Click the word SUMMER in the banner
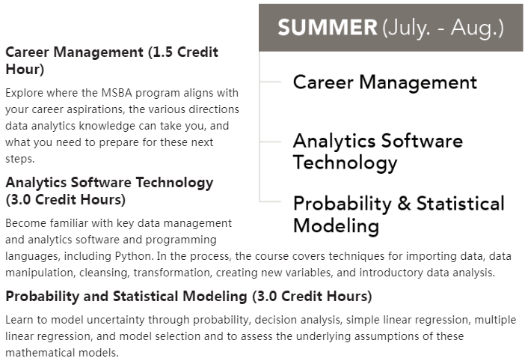click(328, 27)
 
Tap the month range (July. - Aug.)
click(443, 28)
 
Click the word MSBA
click(117, 93)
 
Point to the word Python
click(133, 256)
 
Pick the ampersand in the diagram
click(404, 204)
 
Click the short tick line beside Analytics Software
click(271, 142)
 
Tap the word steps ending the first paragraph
click(19, 159)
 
